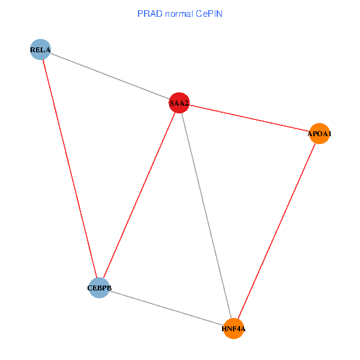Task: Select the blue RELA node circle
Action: tap(40, 49)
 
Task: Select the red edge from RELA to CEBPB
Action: tap(70, 168)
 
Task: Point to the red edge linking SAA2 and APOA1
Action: tap(249, 118)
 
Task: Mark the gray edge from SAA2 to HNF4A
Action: tap(206, 216)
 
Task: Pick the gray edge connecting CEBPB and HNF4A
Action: tap(166, 307)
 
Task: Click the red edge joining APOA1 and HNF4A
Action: tap(276, 231)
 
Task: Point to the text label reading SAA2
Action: tap(179, 104)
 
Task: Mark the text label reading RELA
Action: tap(40, 50)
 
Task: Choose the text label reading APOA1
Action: tap(319, 134)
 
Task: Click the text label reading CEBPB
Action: tap(100, 289)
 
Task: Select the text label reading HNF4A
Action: tap(233, 329)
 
